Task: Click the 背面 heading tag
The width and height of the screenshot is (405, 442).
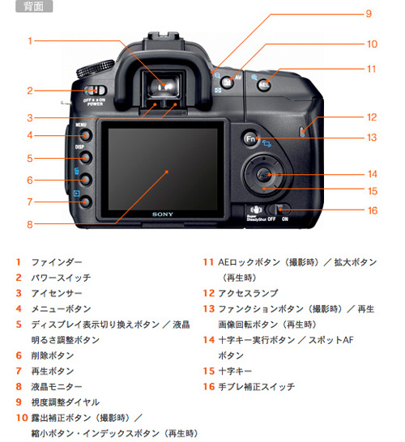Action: click(x=33, y=7)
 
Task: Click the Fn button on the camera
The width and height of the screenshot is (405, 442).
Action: click(x=251, y=138)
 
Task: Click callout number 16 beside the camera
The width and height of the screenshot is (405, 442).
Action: click(x=372, y=210)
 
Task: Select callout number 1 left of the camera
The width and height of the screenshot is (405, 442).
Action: click(x=30, y=40)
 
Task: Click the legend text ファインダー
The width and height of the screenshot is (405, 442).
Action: click(x=56, y=263)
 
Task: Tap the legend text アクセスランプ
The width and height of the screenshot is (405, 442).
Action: click(x=247, y=294)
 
